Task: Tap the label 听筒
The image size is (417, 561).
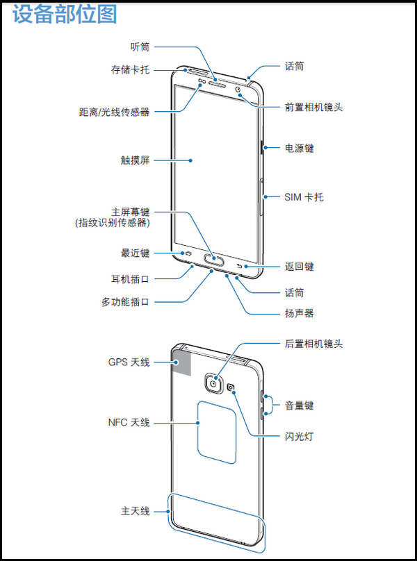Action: tap(140, 47)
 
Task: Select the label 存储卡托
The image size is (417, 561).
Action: tap(130, 69)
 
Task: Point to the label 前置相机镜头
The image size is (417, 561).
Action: tap(314, 107)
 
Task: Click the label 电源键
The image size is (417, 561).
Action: tap(299, 148)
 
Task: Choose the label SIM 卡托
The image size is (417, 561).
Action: tap(304, 196)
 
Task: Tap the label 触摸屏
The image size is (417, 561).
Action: tap(135, 160)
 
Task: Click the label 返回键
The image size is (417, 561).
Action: tap(299, 267)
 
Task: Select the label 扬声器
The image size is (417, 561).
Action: tap(299, 313)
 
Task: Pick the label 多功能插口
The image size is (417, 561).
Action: tap(125, 302)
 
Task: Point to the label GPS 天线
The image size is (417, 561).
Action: tap(129, 362)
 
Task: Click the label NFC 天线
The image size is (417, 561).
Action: tap(129, 423)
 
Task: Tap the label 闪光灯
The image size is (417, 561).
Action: tap(299, 437)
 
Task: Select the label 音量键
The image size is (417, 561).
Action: tap(299, 405)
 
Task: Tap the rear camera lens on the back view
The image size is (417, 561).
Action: tap(213, 384)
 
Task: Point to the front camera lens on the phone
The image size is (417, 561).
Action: tap(239, 89)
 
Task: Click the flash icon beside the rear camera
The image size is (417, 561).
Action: tap(231, 387)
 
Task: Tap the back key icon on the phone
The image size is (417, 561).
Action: tap(240, 266)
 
